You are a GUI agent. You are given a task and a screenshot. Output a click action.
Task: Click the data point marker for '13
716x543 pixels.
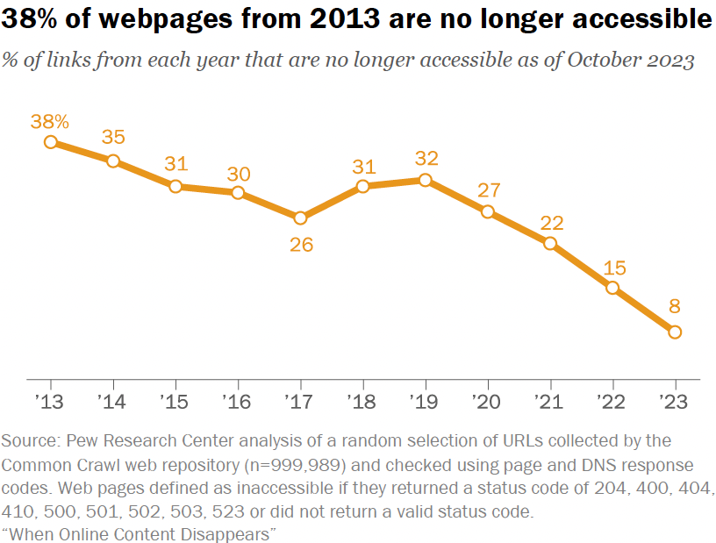[51, 141]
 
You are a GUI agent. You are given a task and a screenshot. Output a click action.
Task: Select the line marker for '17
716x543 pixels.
[300, 218]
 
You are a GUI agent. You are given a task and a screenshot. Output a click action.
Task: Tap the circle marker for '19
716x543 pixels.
[425, 180]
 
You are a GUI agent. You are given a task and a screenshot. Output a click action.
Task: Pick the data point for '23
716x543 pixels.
[675, 332]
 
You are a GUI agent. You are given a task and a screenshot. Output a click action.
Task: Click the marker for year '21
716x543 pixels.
[550, 243]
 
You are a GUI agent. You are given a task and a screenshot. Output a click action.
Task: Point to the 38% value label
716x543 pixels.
[49, 120]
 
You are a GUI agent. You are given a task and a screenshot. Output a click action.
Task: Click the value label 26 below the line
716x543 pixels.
[301, 244]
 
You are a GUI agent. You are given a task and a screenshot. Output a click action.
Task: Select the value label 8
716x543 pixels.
[675, 306]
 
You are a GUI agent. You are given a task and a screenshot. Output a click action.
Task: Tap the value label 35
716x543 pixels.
[113, 137]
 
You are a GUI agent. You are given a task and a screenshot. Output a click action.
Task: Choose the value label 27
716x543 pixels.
[488, 189]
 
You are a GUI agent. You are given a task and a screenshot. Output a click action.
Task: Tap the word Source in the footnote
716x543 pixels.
[29, 441]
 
